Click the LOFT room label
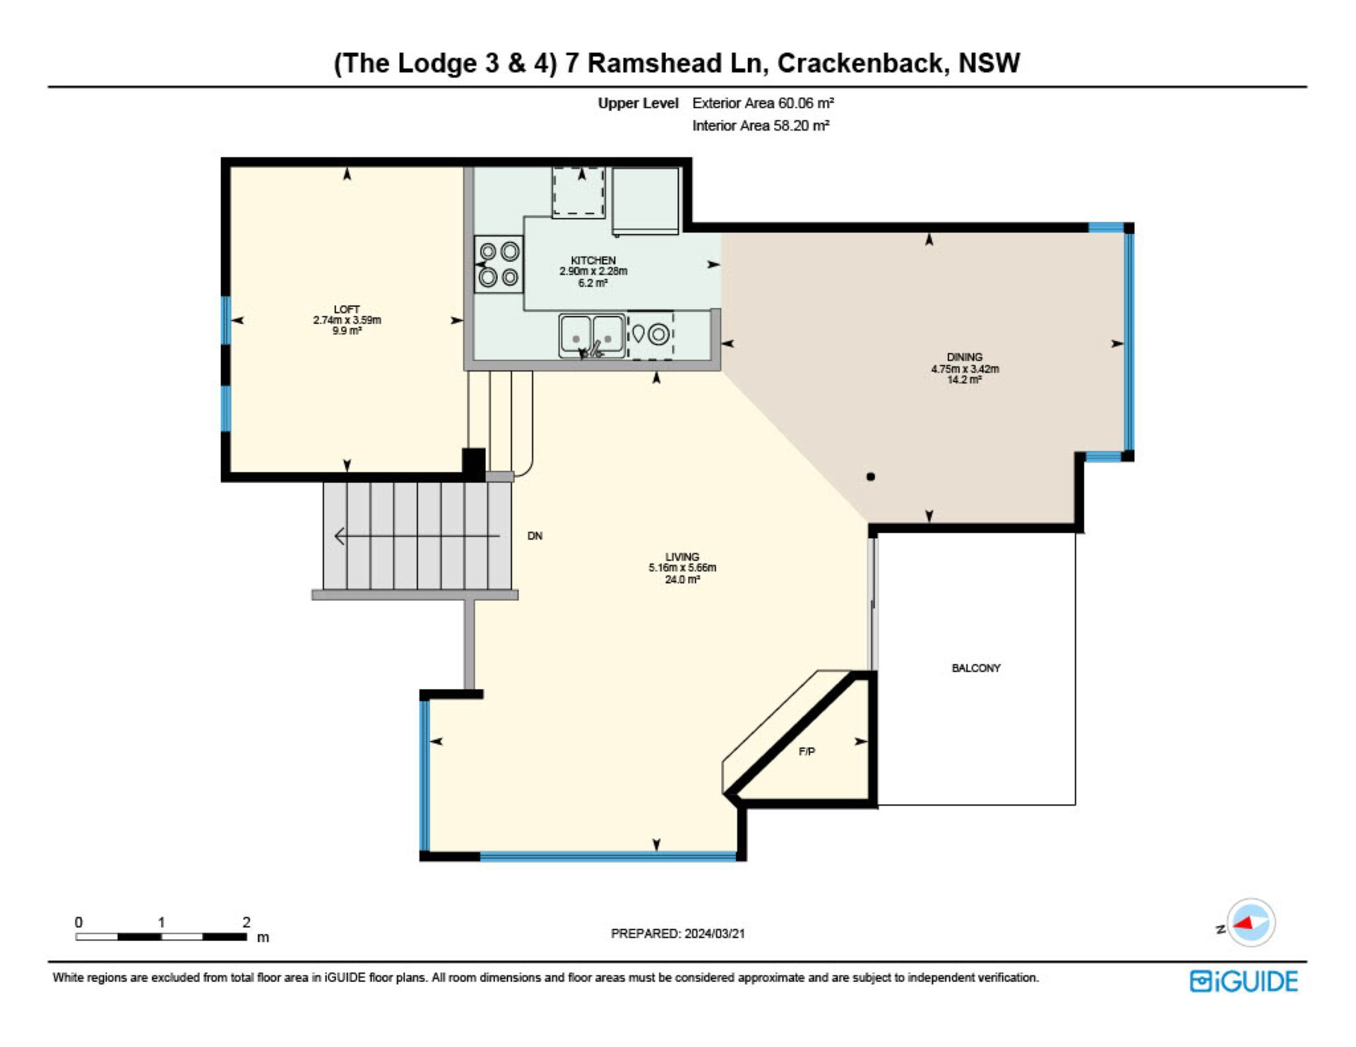pos(347,309)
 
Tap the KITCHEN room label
pos(593,261)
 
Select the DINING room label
pos(965,357)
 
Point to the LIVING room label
pos(682,557)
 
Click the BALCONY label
pos(976,668)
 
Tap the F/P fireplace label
pos(807,752)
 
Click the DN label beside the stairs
pos(535,536)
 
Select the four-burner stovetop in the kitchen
pos(499,264)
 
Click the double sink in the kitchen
pos(592,336)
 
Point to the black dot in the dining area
pos(871,477)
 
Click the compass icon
pos(1251,923)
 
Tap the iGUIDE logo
pos(1244,981)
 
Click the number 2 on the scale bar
pos(246,922)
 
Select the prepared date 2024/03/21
pos(715,933)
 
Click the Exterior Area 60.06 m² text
pos(763,103)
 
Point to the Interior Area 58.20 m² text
pos(761,126)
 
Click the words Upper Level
pos(638,103)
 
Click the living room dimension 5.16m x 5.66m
pos(682,568)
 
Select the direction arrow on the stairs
pos(417,537)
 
